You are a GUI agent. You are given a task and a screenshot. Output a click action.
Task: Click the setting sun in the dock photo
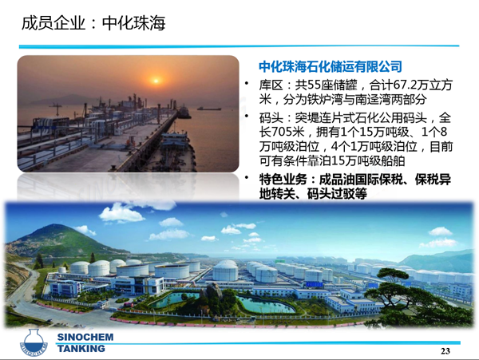(x=156, y=81)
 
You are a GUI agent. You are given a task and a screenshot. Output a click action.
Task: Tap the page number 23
(x=445, y=351)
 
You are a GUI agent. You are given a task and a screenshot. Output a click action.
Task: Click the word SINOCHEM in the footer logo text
(x=85, y=337)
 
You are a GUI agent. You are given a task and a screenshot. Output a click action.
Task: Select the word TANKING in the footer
(x=81, y=348)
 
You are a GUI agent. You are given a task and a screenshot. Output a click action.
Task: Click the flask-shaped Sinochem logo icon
(x=34, y=342)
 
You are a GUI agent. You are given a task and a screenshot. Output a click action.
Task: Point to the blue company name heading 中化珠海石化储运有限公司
(x=331, y=66)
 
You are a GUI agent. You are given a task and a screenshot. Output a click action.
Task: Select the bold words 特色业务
(x=283, y=180)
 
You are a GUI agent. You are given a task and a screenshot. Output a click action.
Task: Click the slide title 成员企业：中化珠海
(x=93, y=23)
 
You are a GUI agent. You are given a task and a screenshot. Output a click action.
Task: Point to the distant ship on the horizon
(x=209, y=109)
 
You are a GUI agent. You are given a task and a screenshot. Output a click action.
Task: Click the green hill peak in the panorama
(x=55, y=227)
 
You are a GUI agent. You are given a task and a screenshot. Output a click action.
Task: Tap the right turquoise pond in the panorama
(x=265, y=305)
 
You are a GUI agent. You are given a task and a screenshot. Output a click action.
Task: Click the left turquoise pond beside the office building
(x=173, y=299)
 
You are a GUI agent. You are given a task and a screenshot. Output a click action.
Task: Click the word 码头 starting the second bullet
(x=271, y=117)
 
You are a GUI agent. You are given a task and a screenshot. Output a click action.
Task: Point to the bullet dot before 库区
(x=247, y=82)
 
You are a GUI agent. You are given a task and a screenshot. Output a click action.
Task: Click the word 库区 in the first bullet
(x=271, y=85)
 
